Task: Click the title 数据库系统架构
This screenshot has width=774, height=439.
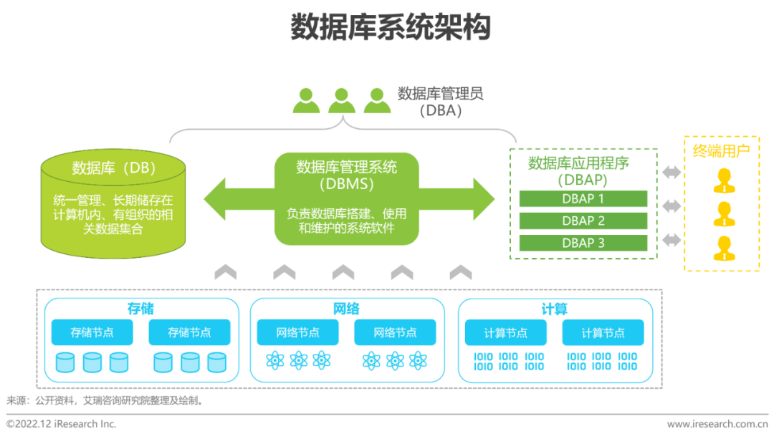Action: tap(391, 28)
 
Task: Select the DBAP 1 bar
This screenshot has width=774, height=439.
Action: tap(583, 198)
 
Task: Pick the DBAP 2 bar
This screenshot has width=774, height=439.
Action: tap(583, 221)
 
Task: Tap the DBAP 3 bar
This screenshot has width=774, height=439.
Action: tap(583, 243)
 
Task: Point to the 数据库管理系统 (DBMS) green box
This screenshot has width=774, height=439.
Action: tap(347, 198)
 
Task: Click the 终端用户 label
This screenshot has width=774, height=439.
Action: tap(721, 150)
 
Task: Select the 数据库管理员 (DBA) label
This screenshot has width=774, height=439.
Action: tap(440, 102)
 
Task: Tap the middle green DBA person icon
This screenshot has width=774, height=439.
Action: tap(342, 100)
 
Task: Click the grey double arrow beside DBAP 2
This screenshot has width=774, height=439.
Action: tap(672, 206)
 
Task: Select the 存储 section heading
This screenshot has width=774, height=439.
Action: tap(140, 309)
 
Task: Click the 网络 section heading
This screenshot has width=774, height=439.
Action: tap(346, 309)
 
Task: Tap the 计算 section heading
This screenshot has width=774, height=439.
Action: tap(554, 309)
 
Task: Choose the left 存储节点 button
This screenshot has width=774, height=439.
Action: tap(92, 332)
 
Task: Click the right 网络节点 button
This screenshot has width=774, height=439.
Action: tap(395, 332)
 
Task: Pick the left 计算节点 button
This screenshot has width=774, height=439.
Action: tap(505, 333)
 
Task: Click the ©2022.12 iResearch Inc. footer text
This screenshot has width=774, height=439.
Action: tap(62, 424)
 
